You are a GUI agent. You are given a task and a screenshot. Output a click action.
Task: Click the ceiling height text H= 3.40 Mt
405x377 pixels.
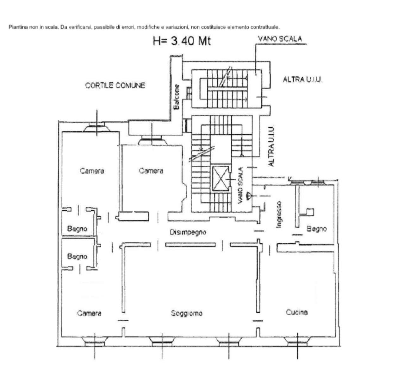pos(182,41)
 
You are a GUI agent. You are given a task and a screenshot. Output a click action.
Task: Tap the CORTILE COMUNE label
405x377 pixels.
pos(115,85)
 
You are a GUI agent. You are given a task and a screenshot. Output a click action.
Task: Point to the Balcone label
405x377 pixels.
pos(177,97)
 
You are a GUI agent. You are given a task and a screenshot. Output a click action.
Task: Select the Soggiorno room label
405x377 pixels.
pos(187,313)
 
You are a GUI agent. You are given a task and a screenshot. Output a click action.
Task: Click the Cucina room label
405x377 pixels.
pos(297,312)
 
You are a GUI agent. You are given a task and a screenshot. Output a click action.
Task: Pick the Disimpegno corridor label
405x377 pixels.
pos(188,232)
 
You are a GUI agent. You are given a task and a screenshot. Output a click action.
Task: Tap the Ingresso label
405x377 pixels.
pos(279,214)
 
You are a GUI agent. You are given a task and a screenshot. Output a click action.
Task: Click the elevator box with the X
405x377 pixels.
pos(221,179)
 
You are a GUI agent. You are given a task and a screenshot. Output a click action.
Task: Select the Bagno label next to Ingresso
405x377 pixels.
pos(316,229)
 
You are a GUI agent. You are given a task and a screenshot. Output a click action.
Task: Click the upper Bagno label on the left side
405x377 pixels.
pos(77,229)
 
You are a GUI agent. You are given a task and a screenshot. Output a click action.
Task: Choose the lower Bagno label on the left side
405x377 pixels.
pos(77,256)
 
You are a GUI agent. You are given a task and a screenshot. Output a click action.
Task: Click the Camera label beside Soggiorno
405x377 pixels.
pos(89,313)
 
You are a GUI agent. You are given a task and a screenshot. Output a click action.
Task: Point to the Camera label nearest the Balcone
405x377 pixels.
pos(151,171)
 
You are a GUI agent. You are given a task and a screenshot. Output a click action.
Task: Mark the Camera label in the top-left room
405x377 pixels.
pos(92,171)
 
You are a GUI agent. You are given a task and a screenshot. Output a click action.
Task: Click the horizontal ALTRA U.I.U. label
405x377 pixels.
pos(302,80)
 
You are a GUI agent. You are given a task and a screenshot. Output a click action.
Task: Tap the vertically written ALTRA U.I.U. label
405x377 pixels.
pos(271,146)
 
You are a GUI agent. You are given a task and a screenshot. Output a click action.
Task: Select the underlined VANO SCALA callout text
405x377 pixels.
pos(280,39)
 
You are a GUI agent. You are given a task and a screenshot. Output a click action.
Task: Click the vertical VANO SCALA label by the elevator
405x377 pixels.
pos(241,185)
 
